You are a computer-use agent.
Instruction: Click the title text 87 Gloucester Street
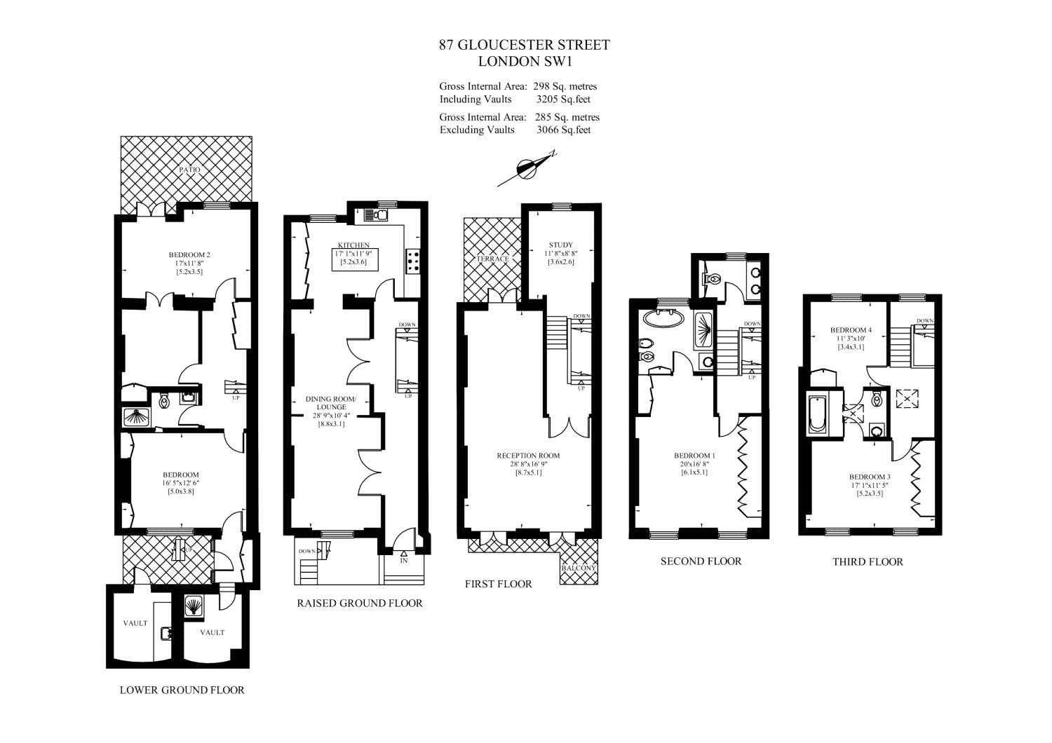coord(525,45)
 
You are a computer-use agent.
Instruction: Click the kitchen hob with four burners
coord(412,261)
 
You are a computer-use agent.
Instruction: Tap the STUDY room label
coord(561,245)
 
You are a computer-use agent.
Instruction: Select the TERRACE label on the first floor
coord(492,259)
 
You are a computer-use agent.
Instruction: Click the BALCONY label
coord(579,568)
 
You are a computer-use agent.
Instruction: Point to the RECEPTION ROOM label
coord(529,456)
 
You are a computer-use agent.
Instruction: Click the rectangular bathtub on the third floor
coord(818,416)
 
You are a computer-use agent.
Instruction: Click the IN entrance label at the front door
coord(404,561)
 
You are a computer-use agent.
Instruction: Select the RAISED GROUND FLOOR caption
coord(360,603)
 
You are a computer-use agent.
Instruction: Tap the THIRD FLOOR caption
coord(868,561)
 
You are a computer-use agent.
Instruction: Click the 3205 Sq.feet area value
coord(563,100)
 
